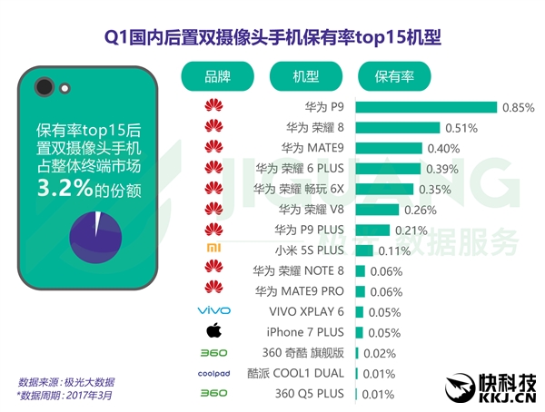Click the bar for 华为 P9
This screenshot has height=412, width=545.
point(426,107)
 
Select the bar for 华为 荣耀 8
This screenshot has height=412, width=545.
point(398,127)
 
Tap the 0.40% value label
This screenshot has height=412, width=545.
point(443,148)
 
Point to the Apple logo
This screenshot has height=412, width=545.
point(213,331)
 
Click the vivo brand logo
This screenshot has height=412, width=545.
point(213,311)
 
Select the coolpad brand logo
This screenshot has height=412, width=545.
point(213,373)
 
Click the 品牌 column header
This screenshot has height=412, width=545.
point(219,76)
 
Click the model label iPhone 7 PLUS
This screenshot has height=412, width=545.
point(305,332)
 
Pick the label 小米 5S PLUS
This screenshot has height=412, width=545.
point(309,250)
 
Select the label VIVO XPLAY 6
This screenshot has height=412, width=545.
point(304,311)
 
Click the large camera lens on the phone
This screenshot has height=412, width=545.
point(42,88)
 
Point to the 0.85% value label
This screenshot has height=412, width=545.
point(518,107)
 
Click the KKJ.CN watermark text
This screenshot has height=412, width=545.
point(504,395)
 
